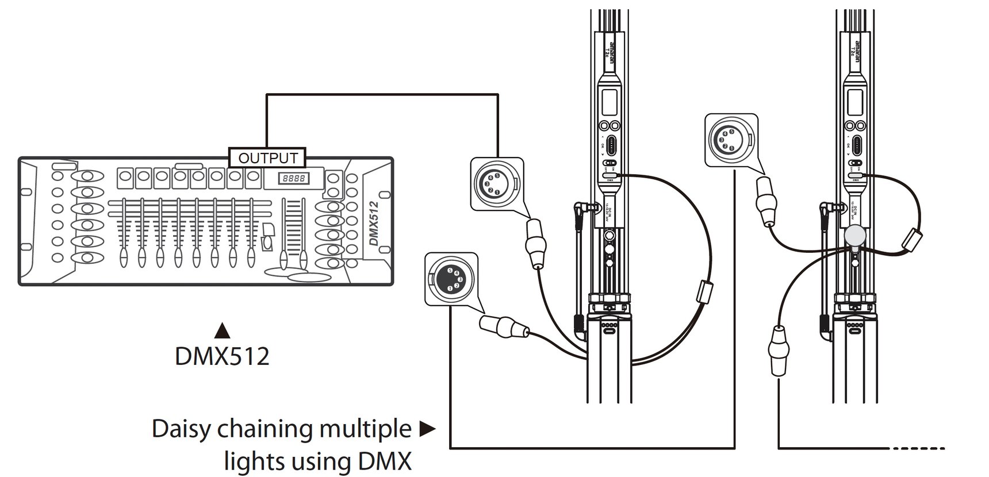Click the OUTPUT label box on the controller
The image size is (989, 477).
coord(267,157)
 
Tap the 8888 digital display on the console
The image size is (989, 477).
coord(293,179)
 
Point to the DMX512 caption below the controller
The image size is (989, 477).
coord(222,357)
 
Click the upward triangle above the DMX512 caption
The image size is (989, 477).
coord(222,331)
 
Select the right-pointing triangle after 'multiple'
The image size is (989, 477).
coord(427,429)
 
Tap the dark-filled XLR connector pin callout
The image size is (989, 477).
coord(451,279)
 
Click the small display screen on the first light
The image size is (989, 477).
coord(609,101)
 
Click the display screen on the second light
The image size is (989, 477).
coord(855,101)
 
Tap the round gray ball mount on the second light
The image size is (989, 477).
coord(856,235)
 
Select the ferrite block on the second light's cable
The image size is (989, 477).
coord(910,239)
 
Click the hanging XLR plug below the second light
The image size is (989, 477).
coord(778,351)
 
